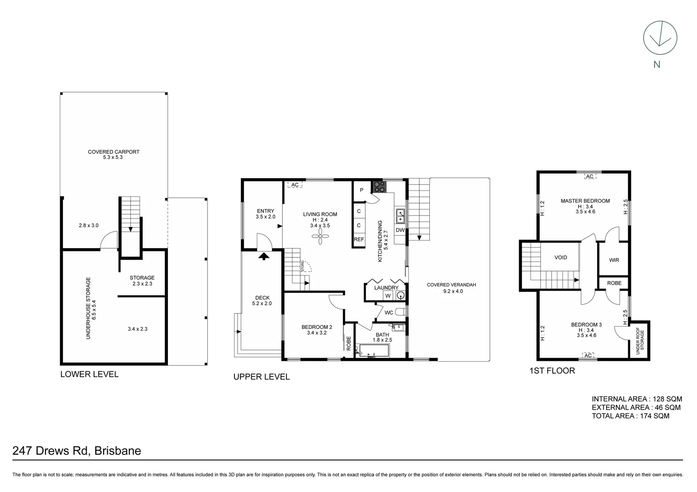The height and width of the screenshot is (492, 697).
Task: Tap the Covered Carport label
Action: [x=114, y=154]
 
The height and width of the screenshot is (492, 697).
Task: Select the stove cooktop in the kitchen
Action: [x=379, y=186]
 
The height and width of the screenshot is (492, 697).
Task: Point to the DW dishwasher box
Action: [x=400, y=230]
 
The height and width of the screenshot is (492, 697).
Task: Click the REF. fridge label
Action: [x=359, y=239]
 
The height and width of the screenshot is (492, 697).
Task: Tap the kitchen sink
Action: [x=401, y=216]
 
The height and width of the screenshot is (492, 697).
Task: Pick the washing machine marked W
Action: [x=388, y=296]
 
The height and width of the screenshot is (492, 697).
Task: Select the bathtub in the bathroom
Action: [x=374, y=351]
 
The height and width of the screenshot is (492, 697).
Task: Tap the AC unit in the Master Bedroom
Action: [x=589, y=176]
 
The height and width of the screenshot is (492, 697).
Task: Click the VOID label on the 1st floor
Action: [x=561, y=257]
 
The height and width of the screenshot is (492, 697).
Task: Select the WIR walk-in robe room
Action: [x=614, y=260]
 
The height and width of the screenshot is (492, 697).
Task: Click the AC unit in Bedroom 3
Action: [x=588, y=355]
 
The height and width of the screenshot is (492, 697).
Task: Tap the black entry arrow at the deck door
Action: [x=264, y=256]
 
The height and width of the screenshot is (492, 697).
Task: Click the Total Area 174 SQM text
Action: [x=630, y=416]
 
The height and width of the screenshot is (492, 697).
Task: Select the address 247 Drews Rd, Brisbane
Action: [x=77, y=451]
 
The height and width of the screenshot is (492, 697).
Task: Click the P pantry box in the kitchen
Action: [x=361, y=190]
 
